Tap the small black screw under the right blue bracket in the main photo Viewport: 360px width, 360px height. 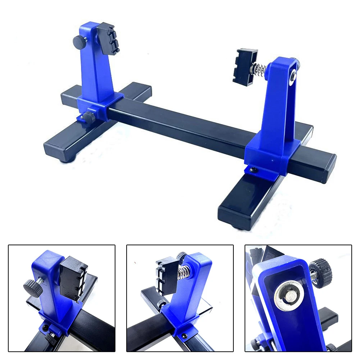click(x=252, y=169)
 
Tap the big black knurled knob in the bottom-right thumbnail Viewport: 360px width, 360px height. click(x=321, y=272)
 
